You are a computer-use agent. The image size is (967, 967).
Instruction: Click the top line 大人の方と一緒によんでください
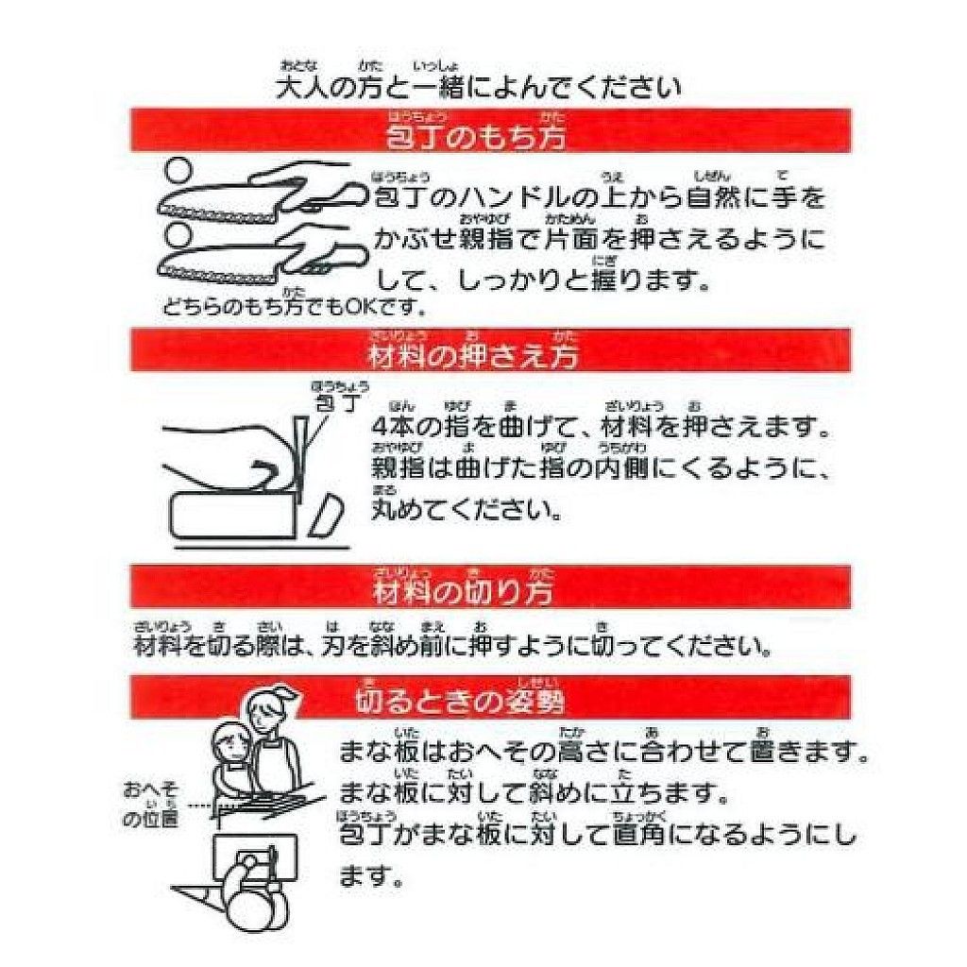477,88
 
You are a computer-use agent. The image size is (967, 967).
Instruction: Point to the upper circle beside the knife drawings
178,170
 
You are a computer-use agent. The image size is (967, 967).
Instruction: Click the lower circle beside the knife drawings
178,232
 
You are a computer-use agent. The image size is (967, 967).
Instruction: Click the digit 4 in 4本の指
382,428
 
